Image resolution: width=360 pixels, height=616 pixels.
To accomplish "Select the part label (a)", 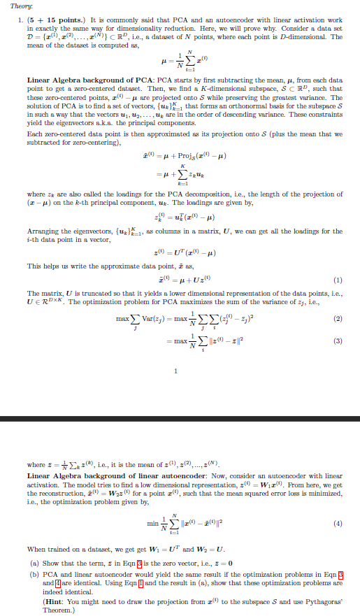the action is click(31, 561).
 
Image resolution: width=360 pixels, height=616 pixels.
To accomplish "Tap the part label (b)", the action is click(31, 571).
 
